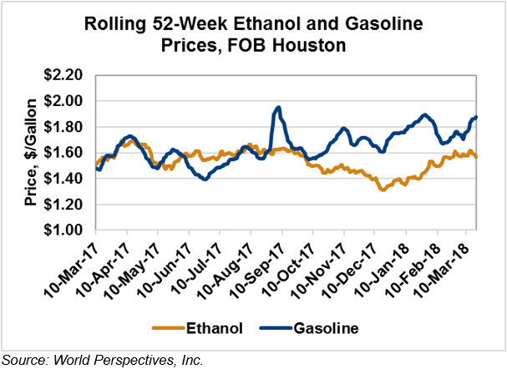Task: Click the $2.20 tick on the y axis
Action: pyautogui.click(x=69, y=75)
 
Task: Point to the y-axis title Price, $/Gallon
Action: pyautogui.click(x=29, y=152)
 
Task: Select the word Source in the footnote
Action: pyautogui.click(x=23, y=360)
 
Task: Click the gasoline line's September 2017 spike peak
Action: pyautogui.click(x=277, y=107)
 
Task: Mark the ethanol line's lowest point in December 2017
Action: pyautogui.click(x=383, y=190)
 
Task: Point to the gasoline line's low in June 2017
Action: pyautogui.click(x=205, y=179)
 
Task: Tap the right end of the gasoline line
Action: pyautogui.click(x=476, y=117)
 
